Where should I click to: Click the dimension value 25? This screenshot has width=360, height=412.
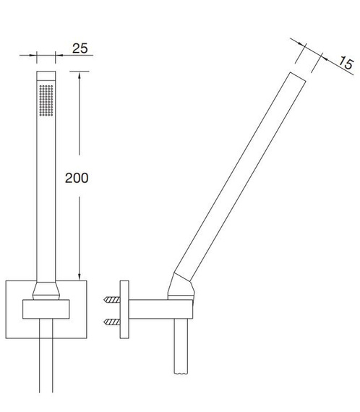coord(80,48)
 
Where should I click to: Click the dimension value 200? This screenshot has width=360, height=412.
coord(77,178)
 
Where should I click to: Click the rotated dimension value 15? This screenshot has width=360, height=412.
coord(346,63)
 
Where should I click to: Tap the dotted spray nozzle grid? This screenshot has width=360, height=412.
coord(46,100)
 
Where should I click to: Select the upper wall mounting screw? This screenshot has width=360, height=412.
coord(112,299)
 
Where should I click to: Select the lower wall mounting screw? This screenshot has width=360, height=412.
coord(112,322)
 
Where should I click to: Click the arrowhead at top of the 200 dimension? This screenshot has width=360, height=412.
coord(80,74)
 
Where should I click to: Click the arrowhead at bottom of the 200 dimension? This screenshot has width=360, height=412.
coord(80,277)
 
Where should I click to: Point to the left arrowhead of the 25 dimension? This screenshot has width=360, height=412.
coord(33,55)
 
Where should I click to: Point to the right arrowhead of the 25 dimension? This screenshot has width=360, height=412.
coord(59,55)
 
